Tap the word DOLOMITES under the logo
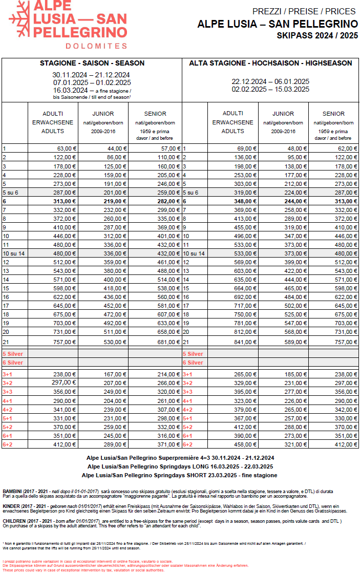pyautogui.click(x=97, y=46)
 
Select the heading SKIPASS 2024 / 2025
pyautogui.click(x=317, y=36)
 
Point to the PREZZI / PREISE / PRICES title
pyautogui.click(x=305, y=12)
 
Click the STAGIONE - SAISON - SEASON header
pyautogui.click(x=92, y=63)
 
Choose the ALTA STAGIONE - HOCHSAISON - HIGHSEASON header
pyautogui.click(x=270, y=63)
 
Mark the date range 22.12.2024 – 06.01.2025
pyautogui.click(x=270, y=81)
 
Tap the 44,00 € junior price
pyautogui.click(x=115, y=148)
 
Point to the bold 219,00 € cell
pyautogui.click(x=115, y=201)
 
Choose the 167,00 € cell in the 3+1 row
pyautogui.click(x=115, y=374)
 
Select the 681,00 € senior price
pyautogui.click(x=167, y=342)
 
